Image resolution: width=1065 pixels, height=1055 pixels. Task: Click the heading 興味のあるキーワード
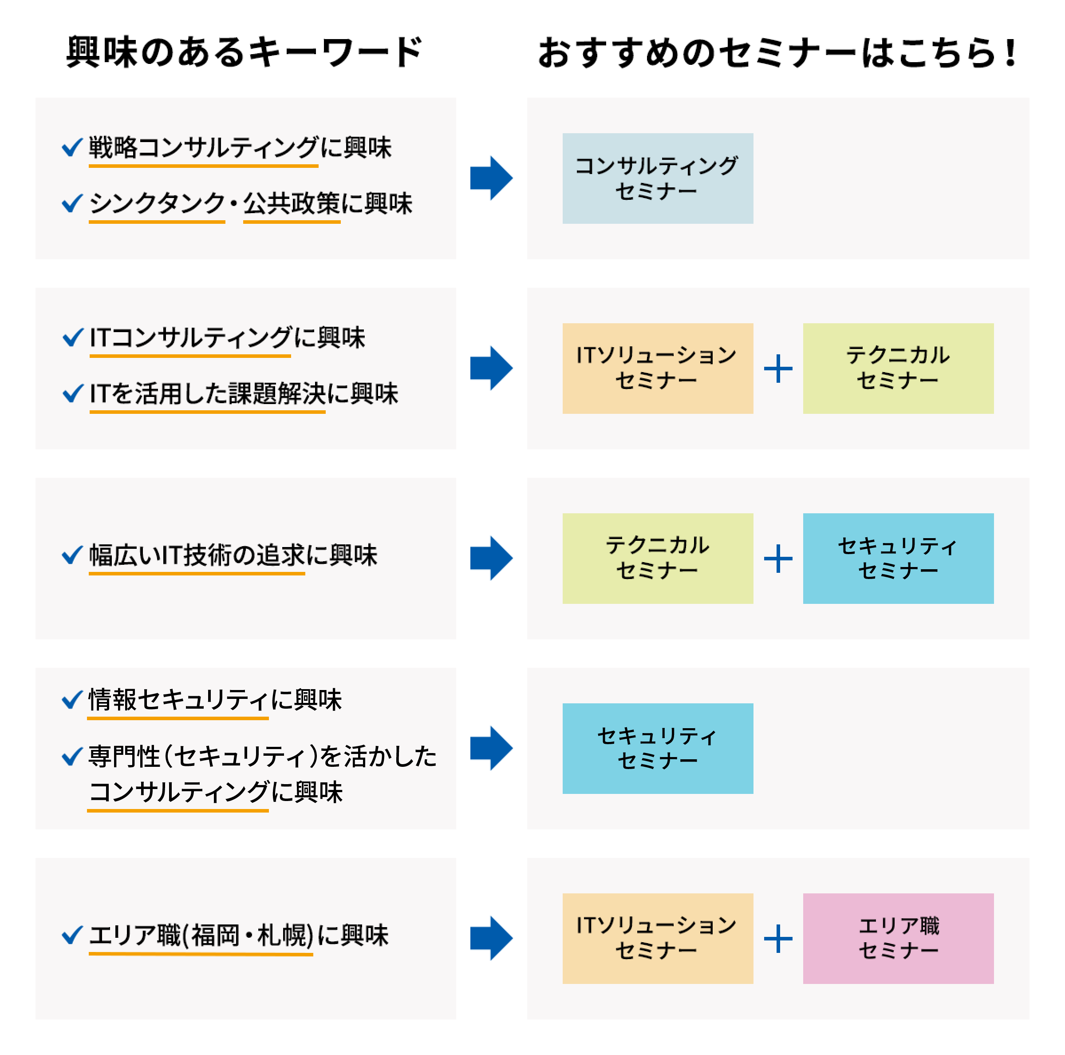point(244,52)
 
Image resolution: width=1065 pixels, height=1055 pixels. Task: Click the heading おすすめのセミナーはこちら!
point(777,53)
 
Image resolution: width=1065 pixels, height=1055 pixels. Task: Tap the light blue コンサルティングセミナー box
point(657,178)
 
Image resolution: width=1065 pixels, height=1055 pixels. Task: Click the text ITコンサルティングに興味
point(227,337)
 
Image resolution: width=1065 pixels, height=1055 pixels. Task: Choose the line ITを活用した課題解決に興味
point(243,393)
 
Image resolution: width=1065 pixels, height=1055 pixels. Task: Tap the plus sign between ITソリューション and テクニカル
point(778,369)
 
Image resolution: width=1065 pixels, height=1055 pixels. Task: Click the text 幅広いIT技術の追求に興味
point(233,555)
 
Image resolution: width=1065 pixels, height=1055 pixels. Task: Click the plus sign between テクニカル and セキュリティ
point(778,558)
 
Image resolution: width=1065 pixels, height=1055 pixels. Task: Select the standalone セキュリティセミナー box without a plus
point(657,748)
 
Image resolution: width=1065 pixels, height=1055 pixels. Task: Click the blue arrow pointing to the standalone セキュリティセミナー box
point(491,748)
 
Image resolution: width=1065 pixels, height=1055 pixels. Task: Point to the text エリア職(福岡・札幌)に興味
point(238,935)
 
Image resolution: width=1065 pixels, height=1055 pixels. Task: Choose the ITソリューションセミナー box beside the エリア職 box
point(657,938)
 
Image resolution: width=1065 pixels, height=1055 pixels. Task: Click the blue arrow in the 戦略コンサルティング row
point(491,178)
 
